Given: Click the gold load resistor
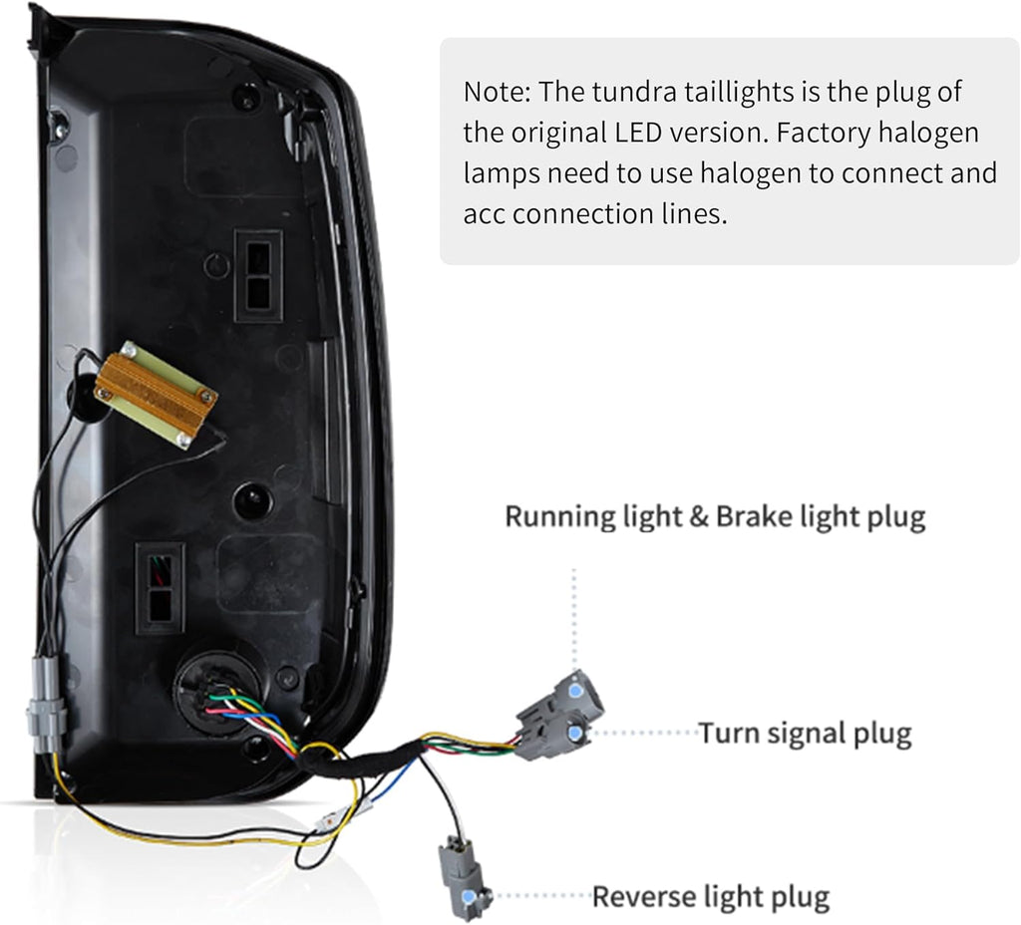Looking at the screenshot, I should [156, 393].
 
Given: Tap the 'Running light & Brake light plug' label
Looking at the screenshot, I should [715, 516].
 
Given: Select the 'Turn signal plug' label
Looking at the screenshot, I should [805, 734].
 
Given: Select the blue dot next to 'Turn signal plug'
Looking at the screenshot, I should [574, 734].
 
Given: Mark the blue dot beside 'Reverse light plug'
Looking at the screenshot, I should [486, 896].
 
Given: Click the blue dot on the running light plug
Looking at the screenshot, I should [574, 690].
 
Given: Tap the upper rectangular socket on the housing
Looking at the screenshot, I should [258, 275].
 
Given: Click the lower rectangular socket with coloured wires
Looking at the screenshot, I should [161, 588].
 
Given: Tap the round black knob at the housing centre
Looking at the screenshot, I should [252, 499].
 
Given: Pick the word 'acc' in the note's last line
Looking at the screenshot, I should [485, 213].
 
